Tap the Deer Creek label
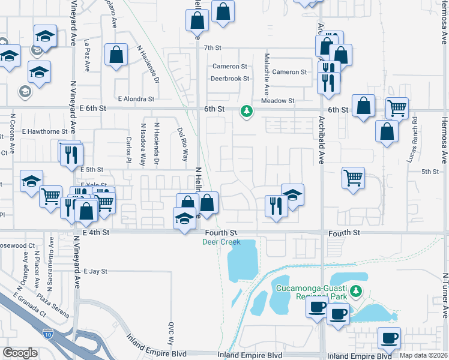coord(221,242)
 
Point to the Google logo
coord(20,353)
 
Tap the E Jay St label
coord(95,272)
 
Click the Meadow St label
coord(278,101)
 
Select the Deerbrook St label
coord(229,79)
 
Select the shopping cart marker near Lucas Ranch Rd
coord(397,109)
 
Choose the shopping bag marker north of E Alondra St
coord(116,55)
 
